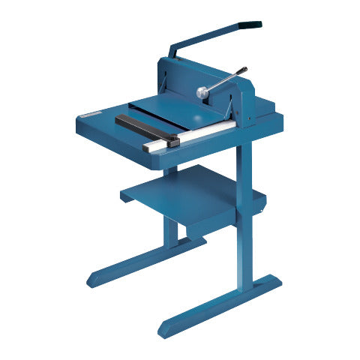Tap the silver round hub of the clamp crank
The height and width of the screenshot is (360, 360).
tap(203, 91)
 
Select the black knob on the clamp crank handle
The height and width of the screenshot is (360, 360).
tap(243, 70)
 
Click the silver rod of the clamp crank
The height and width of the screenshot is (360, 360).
tap(223, 81)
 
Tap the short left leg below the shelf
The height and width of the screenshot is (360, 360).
tap(172, 229)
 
